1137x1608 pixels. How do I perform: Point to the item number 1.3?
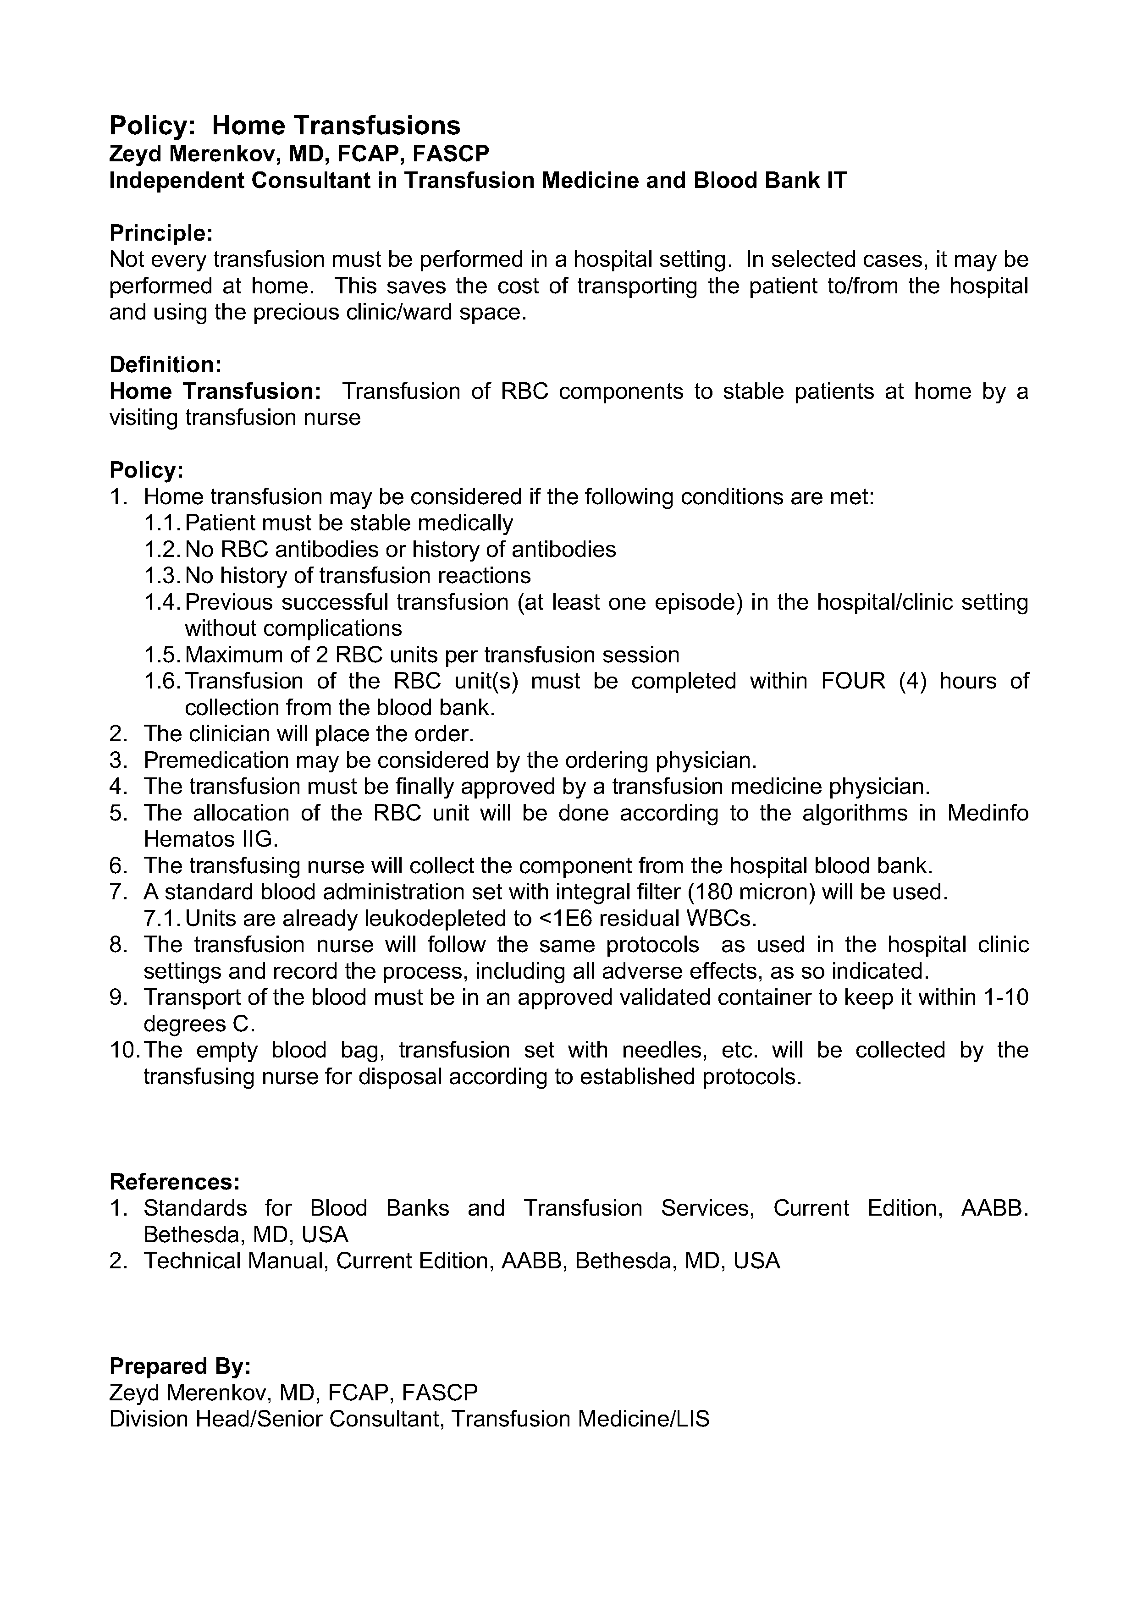pyautogui.click(x=163, y=576)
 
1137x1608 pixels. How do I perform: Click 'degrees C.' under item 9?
pyautogui.click(x=199, y=1024)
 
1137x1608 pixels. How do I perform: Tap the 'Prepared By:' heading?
pyautogui.click(x=180, y=1366)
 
